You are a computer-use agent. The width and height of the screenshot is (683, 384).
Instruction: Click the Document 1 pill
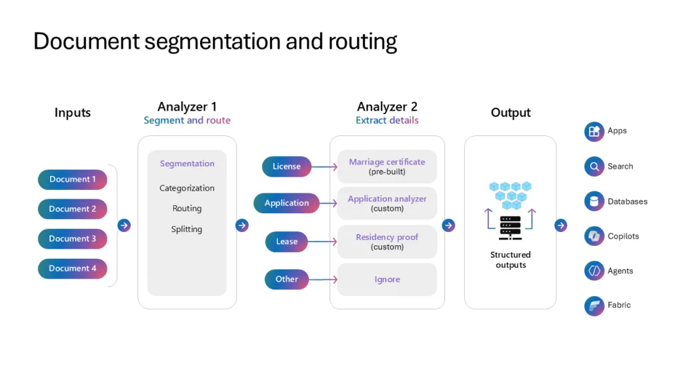click(x=72, y=179)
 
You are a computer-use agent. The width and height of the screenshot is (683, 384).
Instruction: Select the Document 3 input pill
click(x=72, y=239)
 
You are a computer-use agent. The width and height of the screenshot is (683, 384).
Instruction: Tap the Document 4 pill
click(x=72, y=269)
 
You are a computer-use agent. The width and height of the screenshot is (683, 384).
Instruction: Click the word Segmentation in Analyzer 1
click(x=187, y=163)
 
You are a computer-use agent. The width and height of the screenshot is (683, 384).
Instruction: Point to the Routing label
click(x=187, y=209)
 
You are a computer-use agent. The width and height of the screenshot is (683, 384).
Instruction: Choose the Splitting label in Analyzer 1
click(x=187, y=229)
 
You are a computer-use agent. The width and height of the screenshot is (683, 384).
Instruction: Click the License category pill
click(x=287, y=167)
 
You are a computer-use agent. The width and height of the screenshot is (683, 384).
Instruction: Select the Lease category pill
click(x=287, y=241)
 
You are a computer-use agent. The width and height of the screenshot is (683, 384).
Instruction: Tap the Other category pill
click(x=287, y=279)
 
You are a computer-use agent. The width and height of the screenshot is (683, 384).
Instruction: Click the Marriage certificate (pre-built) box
click(x=387, y=167)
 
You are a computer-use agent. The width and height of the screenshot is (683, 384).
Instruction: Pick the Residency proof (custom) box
click(x=387, y=241)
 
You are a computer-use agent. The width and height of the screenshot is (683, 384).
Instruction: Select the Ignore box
click(x=387, y=279)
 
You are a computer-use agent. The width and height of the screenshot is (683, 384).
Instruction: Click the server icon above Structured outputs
click(x=510, y=227)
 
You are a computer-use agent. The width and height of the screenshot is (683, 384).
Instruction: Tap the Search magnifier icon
click(x=594, y=167)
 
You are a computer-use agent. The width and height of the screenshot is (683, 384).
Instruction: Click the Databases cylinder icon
click(x=594, y=201)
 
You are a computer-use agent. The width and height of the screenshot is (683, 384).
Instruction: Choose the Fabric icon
click(x=594, y=305)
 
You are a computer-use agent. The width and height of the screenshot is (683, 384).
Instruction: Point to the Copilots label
click(x=623, y=237)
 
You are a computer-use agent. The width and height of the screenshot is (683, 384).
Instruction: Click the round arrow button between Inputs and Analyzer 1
click(x=124, y=225)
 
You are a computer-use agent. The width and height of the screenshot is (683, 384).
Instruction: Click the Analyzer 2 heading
click(x=387, y=107)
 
